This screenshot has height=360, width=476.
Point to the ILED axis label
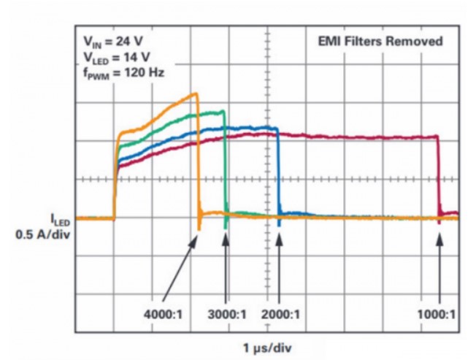point(60,218)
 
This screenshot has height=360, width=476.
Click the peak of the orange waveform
point(195,93)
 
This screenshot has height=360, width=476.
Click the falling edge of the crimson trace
point(438,175)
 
